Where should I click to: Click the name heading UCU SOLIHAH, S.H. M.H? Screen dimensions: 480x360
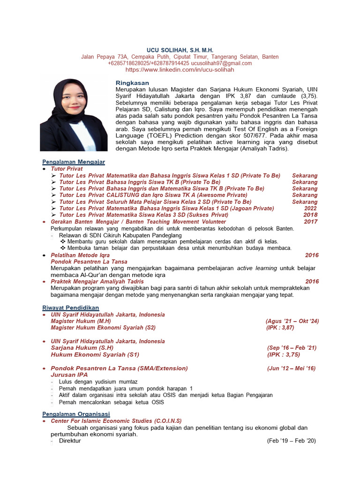click(x=180, y=50)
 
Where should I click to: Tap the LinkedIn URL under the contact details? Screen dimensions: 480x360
click(x=180, y=69)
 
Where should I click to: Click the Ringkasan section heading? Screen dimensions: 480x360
click(x=132, y=82)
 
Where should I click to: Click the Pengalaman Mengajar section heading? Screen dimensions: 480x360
click(x=74, y=162)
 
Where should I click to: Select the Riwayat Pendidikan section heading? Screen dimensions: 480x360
click(x=70, y=307)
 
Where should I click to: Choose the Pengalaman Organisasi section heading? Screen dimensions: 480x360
click(x=76, y=414)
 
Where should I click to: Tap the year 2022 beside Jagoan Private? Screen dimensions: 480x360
click(x=310, y=208)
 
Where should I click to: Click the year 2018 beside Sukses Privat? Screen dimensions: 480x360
click(x=310, y=215)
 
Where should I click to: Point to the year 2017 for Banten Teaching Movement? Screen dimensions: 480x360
click(x=310, y=222)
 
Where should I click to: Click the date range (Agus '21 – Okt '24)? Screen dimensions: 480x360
click(x=292, y=321)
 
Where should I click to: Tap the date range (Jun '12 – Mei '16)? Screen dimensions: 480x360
click(x=291, y=368)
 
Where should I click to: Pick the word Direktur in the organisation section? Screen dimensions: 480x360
click(x=70, y=441)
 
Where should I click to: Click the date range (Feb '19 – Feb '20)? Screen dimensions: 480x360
click(x=292, y=441)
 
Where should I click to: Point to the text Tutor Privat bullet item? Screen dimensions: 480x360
click(x=67, y=169)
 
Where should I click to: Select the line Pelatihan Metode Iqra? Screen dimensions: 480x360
click(x=80, y=255)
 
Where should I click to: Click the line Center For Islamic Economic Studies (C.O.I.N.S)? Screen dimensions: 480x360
click(x=116, y=421)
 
